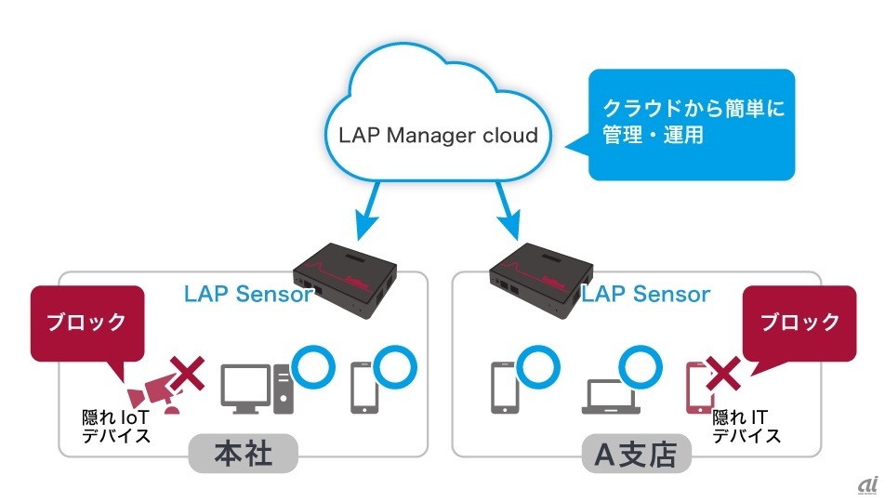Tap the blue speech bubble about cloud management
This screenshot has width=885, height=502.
click(x=691, y=124)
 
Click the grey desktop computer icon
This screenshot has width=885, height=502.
click(x=257, y=389)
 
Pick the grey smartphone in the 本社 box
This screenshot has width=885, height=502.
click(x=365, y=388)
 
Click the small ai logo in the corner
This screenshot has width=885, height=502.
click(x=866, y=484)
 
